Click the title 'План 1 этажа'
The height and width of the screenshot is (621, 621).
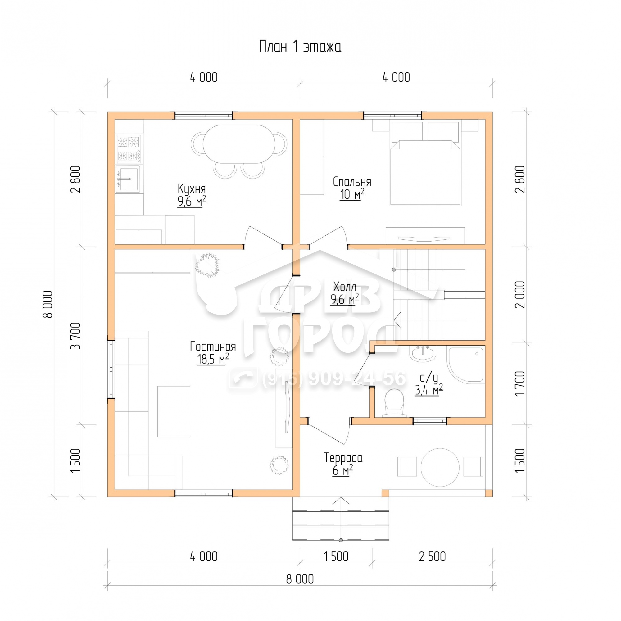point(300,47)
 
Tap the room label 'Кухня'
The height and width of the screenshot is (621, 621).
point(192,188)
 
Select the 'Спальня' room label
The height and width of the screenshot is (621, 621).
point(352,182)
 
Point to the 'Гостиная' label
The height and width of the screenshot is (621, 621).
point(213,347)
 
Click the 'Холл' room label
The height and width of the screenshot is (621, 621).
point(345,287)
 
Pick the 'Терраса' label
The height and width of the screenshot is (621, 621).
point(343,458)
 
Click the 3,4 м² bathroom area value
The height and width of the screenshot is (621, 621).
point(429,390)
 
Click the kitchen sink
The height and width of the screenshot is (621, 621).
point(128,179)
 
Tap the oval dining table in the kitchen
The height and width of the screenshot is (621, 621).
point(239,144)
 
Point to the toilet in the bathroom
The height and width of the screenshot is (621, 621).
point(394,403)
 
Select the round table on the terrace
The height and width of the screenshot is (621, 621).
point(440,467)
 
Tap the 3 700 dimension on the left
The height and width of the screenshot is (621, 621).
point(76,336)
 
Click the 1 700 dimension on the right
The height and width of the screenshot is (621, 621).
point(519,383)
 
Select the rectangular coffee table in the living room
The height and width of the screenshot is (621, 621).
point(174,411)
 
